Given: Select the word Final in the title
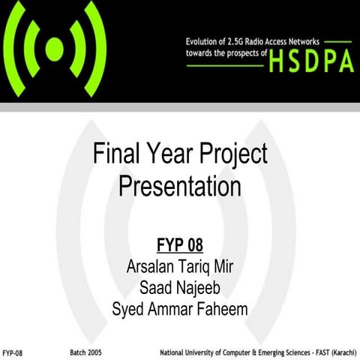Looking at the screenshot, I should pyautogui.click(x=113, y=154).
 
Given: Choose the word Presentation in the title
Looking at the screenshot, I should pyautogui.click(x=179, y=185).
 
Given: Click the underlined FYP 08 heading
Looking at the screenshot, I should pyautogui.click(x=179, y=246).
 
